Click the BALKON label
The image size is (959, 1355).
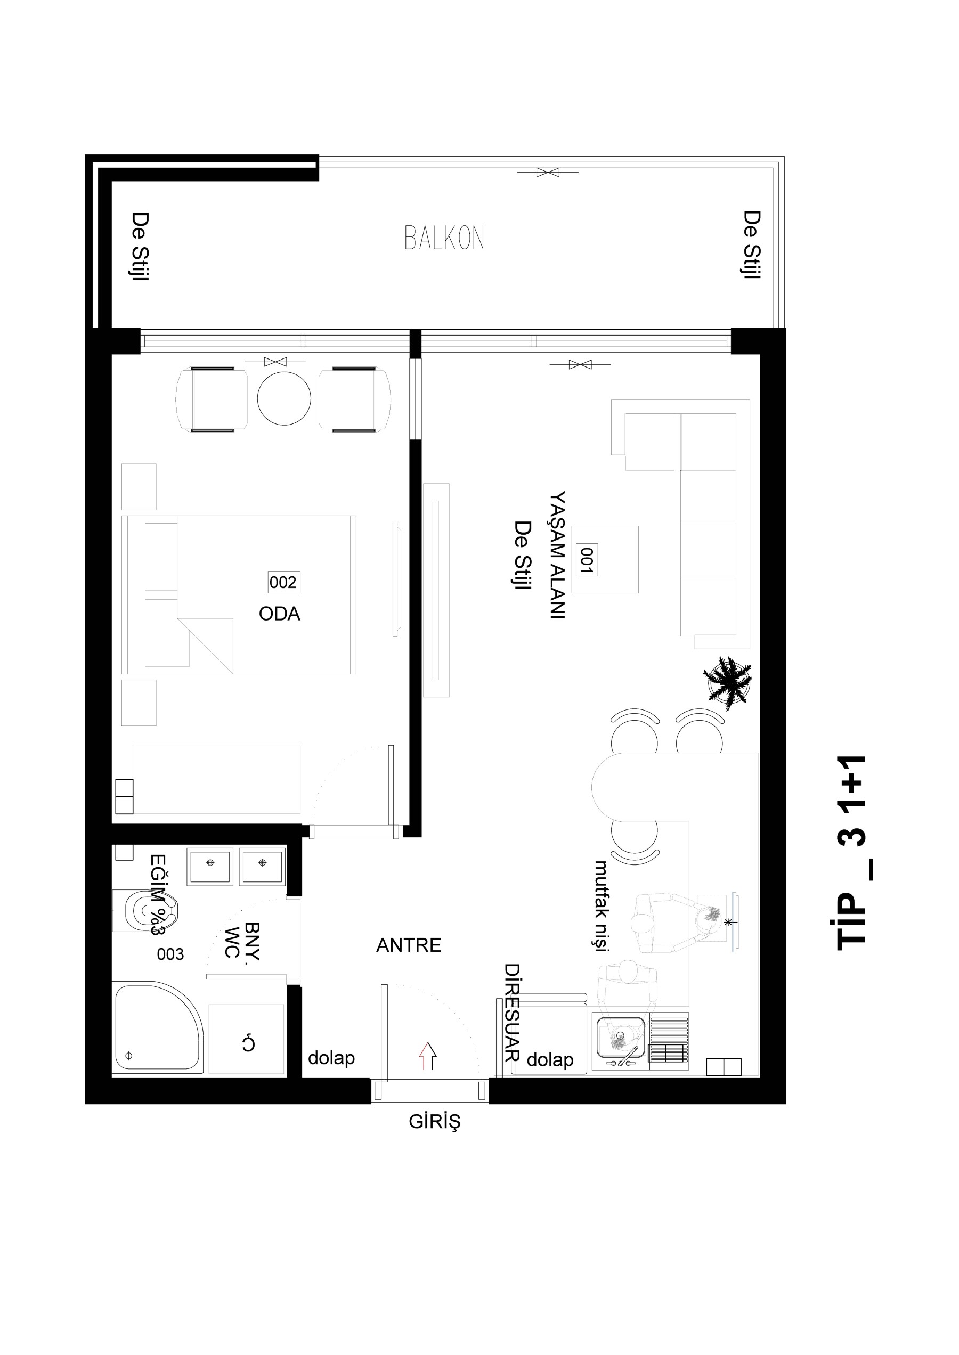[444, 238]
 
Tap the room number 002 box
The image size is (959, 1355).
[283, 582]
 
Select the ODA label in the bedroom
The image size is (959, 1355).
[279, 614]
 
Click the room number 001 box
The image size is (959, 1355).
[587, 559]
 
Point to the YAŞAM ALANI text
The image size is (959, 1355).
[557, 554]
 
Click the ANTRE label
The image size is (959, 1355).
[409, 945]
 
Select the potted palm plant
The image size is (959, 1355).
[728, 682]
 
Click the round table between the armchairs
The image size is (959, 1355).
[284, 398]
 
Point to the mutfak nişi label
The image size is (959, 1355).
[601, 905]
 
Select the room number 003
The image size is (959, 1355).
[170, 954]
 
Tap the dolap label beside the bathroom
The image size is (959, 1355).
[331, 1057]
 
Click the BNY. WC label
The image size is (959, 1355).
[243, 941]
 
